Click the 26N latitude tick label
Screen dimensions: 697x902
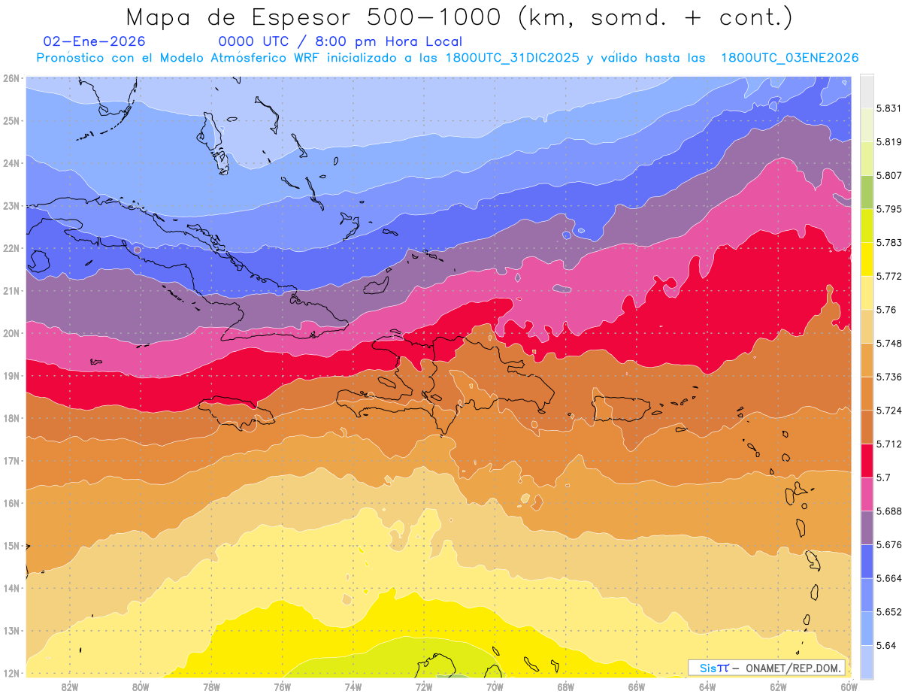click(x=11, y=78)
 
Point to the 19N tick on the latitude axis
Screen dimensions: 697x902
click(x=11, y=375)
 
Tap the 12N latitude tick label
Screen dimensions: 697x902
click(x=11, y=673)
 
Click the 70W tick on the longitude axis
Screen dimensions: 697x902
click(x=495, y=686)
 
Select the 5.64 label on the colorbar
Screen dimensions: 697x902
click(x=877, y=645)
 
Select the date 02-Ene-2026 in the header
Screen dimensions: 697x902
click(x=95, y=42)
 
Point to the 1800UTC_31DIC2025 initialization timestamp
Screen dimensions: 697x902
click(x=512, y=58)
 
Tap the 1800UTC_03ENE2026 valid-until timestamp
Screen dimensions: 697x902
click(x=789, y=58)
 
